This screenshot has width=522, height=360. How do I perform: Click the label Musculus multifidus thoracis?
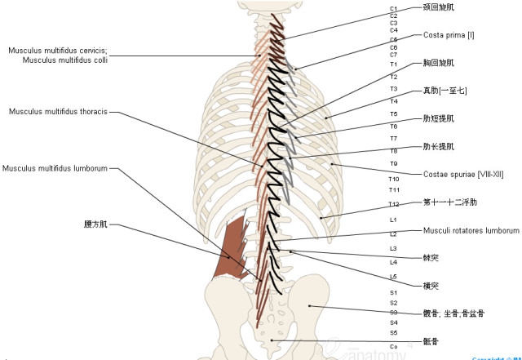point(64,111)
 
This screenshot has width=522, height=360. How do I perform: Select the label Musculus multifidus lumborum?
point(55,169)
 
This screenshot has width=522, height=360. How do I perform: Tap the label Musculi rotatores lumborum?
point(471,231)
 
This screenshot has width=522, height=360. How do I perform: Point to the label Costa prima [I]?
point(449,35)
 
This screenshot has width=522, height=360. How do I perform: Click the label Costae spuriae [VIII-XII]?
point(463,174)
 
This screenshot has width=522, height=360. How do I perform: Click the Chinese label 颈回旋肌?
point(439,7)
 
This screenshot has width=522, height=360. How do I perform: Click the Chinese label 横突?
point(431,286)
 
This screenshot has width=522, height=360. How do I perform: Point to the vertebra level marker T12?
point(394,204)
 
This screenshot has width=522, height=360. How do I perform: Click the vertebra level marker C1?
point(394,8)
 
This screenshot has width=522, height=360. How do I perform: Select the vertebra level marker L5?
point(393,277)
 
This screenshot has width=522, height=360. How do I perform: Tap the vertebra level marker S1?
point(393,292)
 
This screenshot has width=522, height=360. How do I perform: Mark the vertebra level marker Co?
point(393,346)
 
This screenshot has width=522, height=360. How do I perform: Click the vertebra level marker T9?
point(393,164)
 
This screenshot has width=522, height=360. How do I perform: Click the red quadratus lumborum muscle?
point(232,248)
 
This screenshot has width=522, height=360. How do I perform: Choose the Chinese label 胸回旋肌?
point(439,62)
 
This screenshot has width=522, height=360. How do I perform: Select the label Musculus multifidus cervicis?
point(57,50)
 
